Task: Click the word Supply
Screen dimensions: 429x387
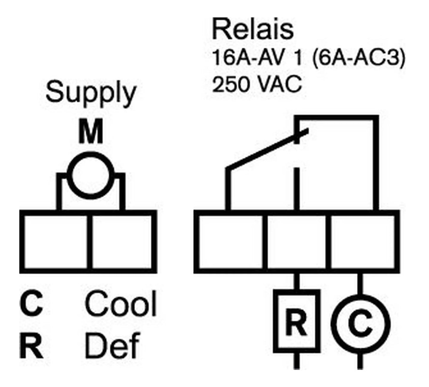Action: (91, 95)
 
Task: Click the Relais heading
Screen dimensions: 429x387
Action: (253, 29)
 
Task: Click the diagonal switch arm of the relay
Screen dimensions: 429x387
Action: (267, 149)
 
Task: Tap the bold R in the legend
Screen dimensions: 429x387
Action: (31, 345)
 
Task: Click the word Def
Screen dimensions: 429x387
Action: (112, 345)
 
